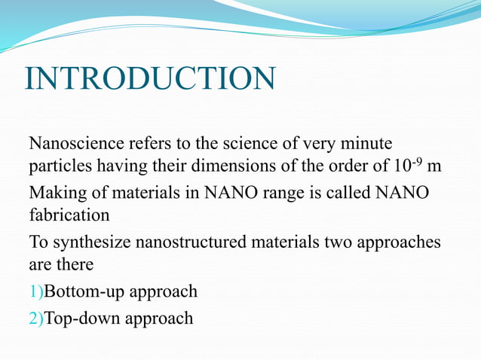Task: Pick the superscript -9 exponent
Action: (x=415, y=160)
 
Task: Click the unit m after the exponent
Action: (x=434, y=166)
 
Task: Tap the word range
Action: (x=265, y=194)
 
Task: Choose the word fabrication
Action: (x=69, y=215)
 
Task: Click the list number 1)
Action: (x=36, y=291)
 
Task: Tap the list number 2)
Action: (x=36, y=319)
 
